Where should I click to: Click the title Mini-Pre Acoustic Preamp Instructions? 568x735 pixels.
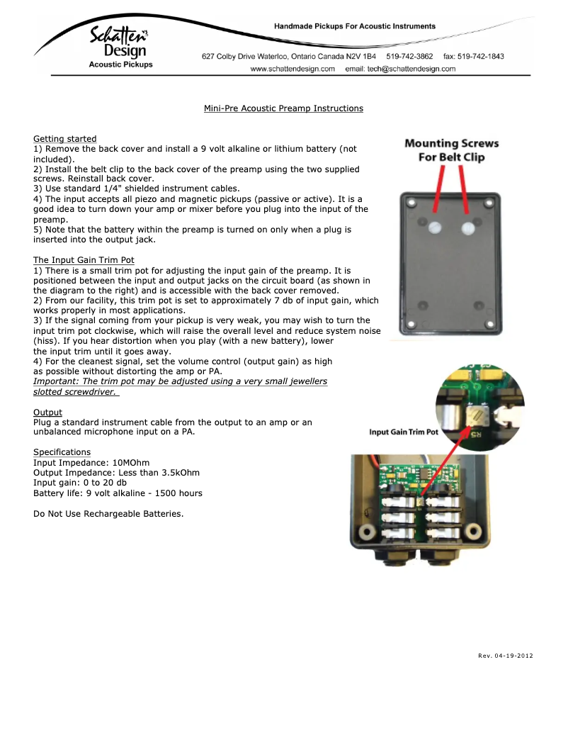coord(283,108)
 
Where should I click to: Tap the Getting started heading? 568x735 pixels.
coord(65,138)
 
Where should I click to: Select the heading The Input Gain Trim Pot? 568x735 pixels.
coord(84,260)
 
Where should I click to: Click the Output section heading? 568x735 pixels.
coord(47,412)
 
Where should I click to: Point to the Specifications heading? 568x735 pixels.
coord(62,451)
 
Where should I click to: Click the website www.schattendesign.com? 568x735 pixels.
coord(292,69)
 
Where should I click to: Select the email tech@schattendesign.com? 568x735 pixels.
coord(400,69)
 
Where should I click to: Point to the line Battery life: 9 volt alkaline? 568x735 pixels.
coord(118,493)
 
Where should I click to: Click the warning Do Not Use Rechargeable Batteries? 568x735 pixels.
coord(108,513)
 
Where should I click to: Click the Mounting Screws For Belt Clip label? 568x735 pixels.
coord(451,150)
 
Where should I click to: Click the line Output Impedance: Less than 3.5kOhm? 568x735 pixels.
coord(116,473)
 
